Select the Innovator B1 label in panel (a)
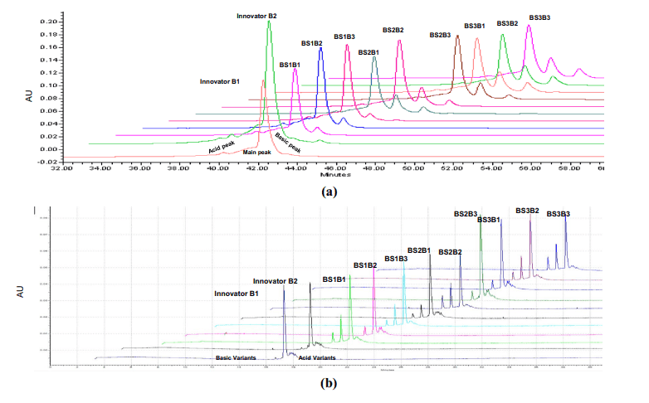220,81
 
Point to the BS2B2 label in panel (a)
393,30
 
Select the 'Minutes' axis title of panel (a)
335,175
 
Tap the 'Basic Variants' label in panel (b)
234,358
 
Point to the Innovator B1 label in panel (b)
237,294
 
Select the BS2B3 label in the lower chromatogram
466,214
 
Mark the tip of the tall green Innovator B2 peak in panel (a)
268,22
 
